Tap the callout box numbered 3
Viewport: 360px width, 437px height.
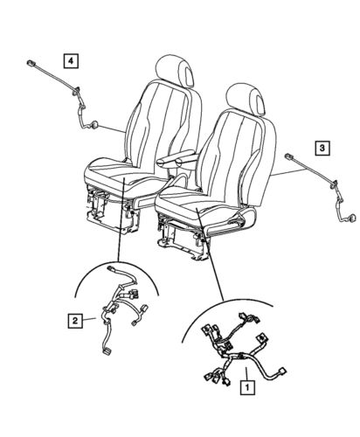pyautogui.click(x=322, y=149)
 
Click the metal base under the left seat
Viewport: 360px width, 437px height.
pyautogui.click(x=114, y=213)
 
